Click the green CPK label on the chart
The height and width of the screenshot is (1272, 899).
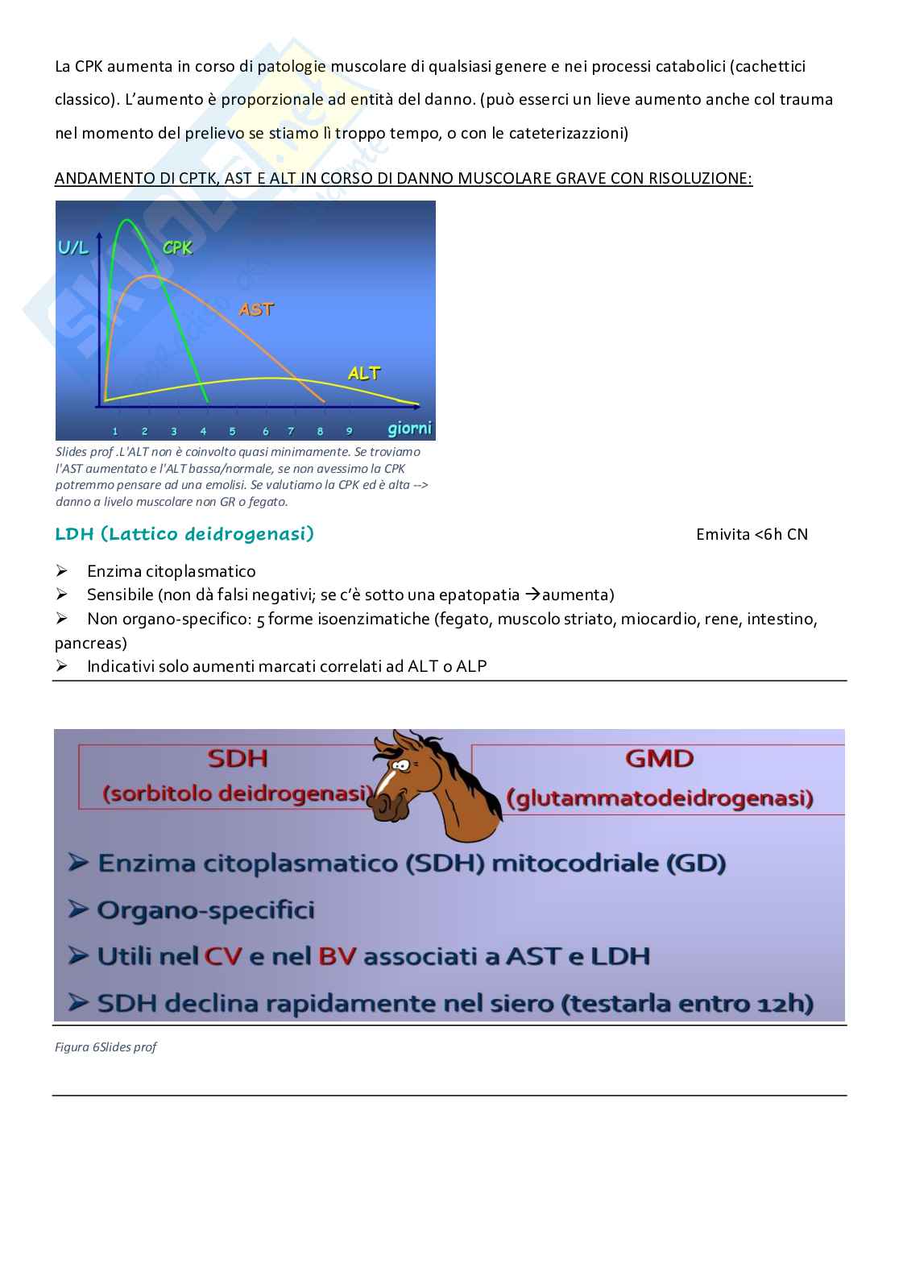(x=178, y=248)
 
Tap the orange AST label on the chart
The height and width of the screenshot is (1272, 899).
(x=256, y=309)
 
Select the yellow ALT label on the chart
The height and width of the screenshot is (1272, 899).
(x=364, y=373)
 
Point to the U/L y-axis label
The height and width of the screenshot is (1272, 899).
(x=74, y=248)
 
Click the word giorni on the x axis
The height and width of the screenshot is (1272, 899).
(x=409, y=428)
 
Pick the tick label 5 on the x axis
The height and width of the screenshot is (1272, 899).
(x=232, y=431)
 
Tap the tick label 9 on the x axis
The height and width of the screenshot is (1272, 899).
(x=349, y=431)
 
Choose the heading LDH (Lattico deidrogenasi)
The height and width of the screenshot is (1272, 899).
(x=184, y=534)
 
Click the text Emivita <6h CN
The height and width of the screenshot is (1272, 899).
(x=752, y=535)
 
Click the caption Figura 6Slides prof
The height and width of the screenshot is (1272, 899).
(x=106, y=1047)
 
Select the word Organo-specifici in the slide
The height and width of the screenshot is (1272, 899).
(x=205, y=910)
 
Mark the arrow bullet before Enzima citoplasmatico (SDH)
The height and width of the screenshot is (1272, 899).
(x=79, y=864)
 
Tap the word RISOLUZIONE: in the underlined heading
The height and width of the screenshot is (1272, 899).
(x=700, y=178)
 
